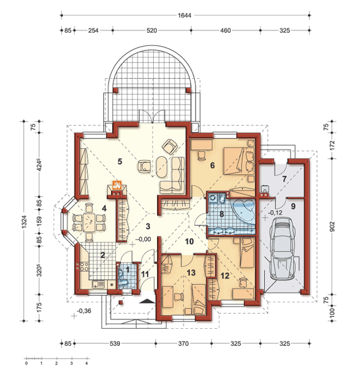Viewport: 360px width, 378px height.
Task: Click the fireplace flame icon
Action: point(117,185)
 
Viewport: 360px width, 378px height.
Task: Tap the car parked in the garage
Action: point(283,248)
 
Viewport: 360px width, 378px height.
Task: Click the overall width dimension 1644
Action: point(185,15)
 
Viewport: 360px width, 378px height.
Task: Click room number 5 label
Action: point(120,161)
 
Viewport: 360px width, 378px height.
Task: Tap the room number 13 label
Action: point(191,273)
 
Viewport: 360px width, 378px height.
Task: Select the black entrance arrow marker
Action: point(147,301)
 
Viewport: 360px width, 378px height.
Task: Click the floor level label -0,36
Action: point(84,311)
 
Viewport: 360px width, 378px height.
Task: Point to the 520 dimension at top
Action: point(151,31)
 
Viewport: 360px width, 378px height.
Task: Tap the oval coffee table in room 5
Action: point(161,168)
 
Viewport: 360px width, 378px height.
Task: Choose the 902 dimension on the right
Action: point(332,226)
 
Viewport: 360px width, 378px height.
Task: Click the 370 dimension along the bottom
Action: point(183,343)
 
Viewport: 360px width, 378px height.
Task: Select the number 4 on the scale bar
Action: point(86,364)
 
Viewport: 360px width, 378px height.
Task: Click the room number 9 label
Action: point(293,207)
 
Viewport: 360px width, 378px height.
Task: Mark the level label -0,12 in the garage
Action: point(275,213)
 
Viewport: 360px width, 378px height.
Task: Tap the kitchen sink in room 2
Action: point(98,284)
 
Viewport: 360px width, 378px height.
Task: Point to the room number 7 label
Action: point(284,179)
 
